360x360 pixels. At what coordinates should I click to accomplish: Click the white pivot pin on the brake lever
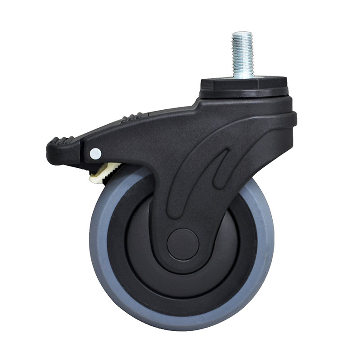tap(95, 154)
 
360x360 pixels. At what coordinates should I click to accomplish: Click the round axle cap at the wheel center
tap(183, 245)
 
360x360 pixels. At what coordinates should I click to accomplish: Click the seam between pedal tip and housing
tap(81, 144)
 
